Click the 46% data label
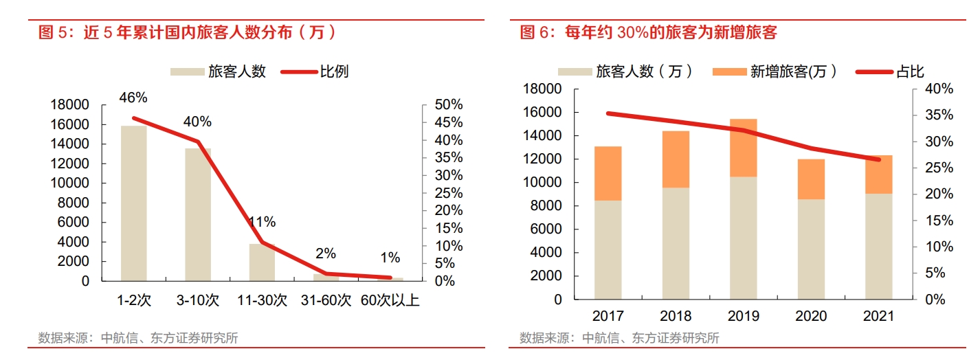[133, 98]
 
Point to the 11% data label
[262, 222]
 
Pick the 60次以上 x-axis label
[390, 300]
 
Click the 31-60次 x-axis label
[326, 300]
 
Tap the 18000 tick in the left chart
[70, 104]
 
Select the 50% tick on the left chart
[449, 104]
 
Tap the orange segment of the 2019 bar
[743, 148]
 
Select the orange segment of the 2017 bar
[608, 173]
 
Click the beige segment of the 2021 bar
[878, 246]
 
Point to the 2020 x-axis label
[811, 317]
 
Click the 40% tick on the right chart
[939, 89]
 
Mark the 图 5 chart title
[188, 32]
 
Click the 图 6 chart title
[648, 32]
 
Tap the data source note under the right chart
[619, 338]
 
